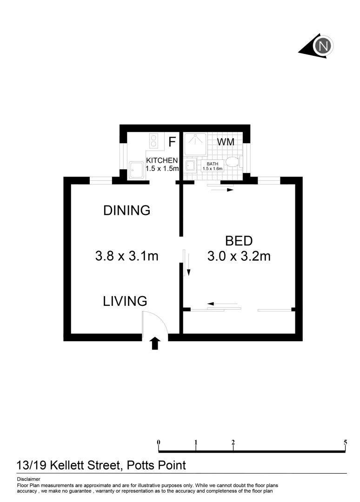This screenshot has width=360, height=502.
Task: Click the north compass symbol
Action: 323,46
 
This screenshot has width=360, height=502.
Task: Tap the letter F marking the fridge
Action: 172,142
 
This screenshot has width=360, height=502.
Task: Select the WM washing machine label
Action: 226,142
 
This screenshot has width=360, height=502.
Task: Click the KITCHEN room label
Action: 162,160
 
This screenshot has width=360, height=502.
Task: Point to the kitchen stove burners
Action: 154,141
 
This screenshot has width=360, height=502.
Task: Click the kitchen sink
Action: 136,170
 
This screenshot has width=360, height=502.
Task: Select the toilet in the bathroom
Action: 233,163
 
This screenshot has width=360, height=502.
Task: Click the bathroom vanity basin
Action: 190,165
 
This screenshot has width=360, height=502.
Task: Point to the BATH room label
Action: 212,164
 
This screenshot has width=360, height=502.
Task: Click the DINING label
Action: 127,211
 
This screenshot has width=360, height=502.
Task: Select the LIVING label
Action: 125,301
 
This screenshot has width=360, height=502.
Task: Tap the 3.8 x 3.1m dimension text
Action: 127,256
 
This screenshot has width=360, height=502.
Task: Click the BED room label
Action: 239,241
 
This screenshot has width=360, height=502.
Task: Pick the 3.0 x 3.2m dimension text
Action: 239,256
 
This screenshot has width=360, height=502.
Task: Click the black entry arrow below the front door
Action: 155,343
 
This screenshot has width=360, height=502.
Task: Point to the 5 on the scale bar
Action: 345,442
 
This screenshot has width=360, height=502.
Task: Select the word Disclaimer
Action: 28,479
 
